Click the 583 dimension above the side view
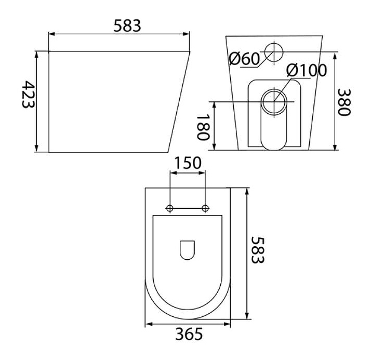[127, 26]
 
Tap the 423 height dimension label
[28, 95]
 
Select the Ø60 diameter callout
[244, 58]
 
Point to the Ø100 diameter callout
[307, 70]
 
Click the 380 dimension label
[343, 102]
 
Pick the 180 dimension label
[203, 127]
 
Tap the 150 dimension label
[188, 163]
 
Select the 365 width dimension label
[189, 334]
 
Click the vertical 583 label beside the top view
[257, 250]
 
